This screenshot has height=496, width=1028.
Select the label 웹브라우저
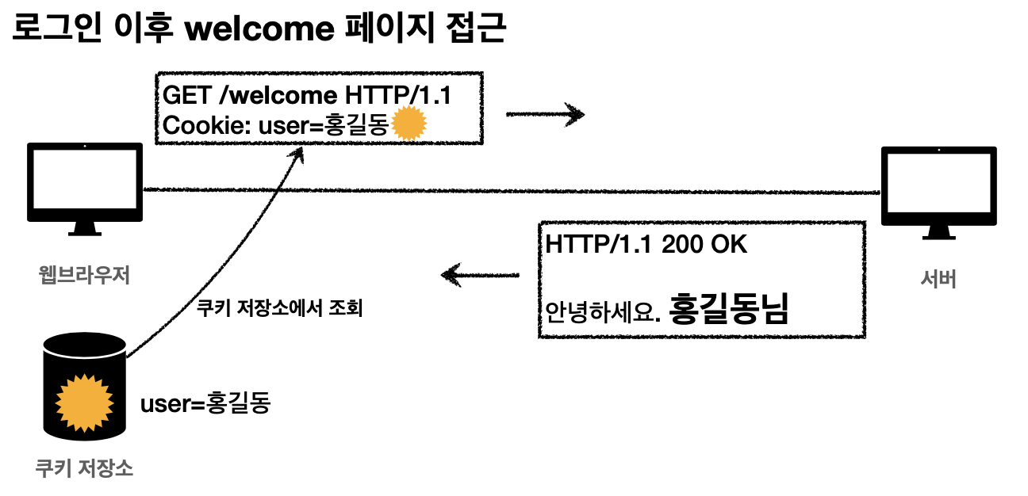84,276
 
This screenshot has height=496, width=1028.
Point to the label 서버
938,279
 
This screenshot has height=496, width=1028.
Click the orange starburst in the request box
410,124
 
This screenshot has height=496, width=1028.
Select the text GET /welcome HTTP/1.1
307,96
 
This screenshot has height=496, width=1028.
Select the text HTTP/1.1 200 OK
646,245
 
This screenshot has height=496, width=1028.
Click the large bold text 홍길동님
729,308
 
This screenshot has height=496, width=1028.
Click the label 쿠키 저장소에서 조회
278,308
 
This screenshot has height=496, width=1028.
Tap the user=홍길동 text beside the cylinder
205,403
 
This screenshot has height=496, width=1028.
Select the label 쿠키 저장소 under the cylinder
84,468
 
